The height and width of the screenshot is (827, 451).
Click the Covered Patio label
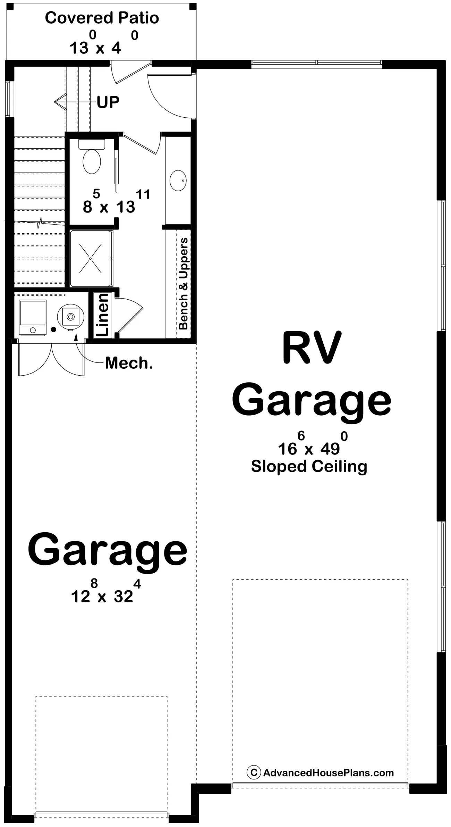click(102, 18)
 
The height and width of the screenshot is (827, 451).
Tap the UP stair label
click(108, 102)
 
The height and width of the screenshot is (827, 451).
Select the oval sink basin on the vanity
click(178, 181)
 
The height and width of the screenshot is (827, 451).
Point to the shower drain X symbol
click(90, 258)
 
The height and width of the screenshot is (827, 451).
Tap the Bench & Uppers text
click(183, 283)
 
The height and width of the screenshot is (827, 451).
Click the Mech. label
click(129, 363)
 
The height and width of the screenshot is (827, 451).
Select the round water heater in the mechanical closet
click(70, 317)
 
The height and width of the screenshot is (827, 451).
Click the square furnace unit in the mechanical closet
click(33, 318)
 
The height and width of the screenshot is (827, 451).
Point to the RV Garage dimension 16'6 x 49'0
click(313, 443)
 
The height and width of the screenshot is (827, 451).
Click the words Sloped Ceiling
click(309, 467)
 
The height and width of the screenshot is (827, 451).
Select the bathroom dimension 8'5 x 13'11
click(116, 201)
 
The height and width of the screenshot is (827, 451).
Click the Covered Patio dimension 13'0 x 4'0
click(104, 42)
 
